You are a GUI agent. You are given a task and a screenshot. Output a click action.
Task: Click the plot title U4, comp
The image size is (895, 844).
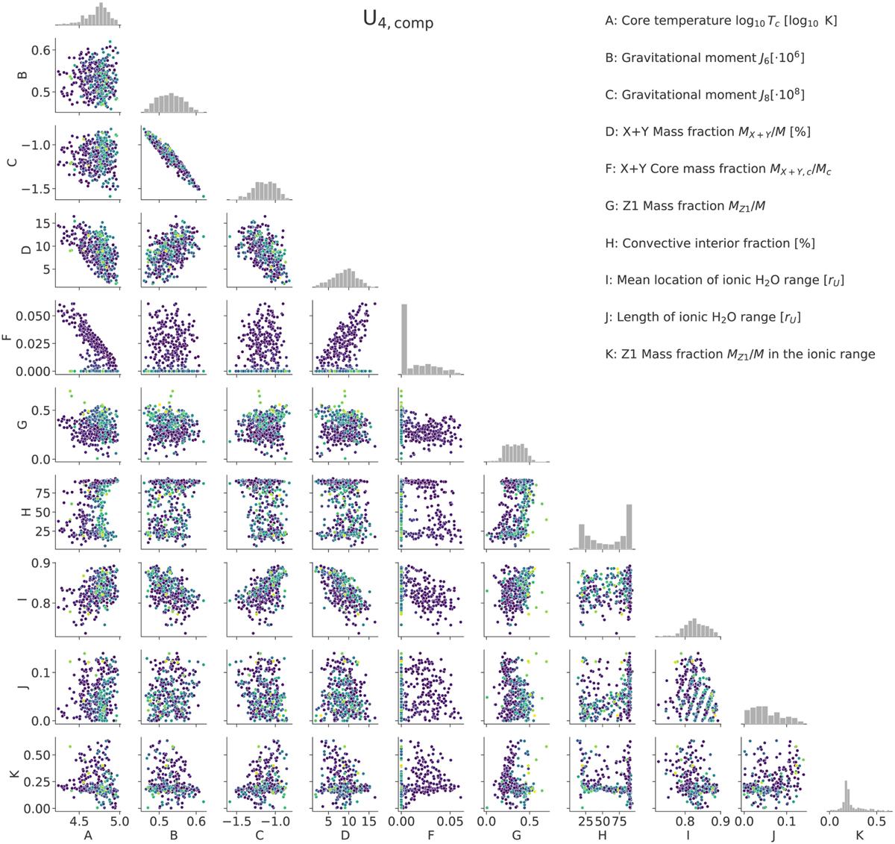pyautogui.click(x=398, y=21)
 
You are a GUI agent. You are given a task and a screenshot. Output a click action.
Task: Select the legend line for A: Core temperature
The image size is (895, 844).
pyautogui.click(x=720, y=21)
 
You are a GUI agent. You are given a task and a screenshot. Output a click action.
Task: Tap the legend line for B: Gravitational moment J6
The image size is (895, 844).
pyautogui.click(x=705, y=57)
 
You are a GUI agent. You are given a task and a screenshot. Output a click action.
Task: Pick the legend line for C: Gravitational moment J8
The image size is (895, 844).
pyautogui.click(x=705, y=95)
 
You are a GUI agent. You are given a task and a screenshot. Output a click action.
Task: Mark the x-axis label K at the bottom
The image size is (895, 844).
pyautogui.click(x=859, y=835)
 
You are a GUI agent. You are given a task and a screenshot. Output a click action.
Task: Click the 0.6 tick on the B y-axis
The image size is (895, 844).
pyautogui.click(x=42, y=50)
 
